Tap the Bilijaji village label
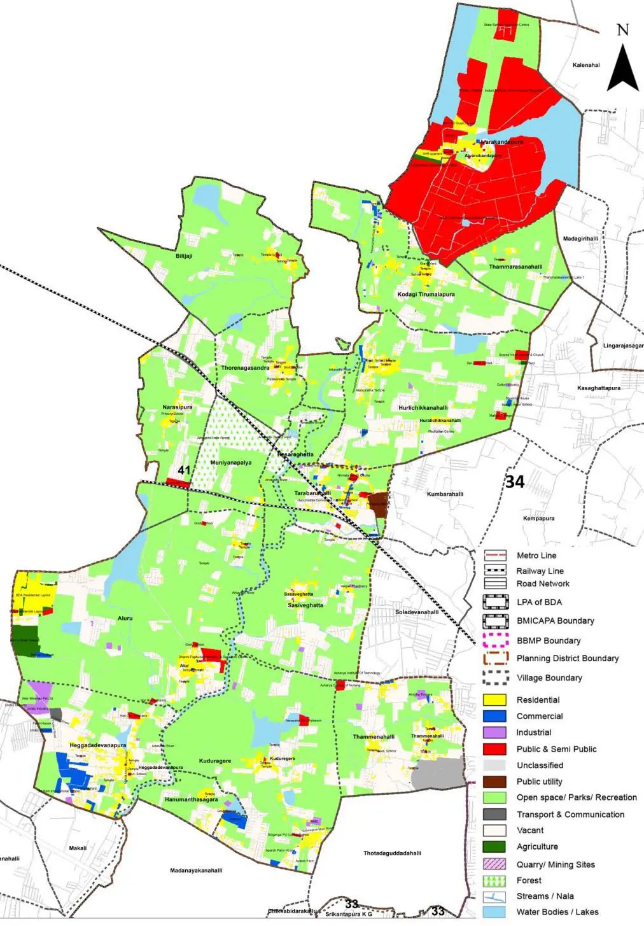pyautogui.click(x=184, y=256)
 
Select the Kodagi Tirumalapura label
pyautogui.click(x=426, y=295)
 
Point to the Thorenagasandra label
pyautogui.click(x=245, y=368)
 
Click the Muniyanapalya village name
pyautogui.click(x=231, y=463)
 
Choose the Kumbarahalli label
pyautogui.click(x=445, y=494)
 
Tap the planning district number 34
pyautogui.click(x=515, y=482)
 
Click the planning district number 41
pyautogui.click(x=184, y=470)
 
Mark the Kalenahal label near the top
pyautogui.click(x=586, y=65)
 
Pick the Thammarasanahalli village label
pyautogui.click(x=515, y=267)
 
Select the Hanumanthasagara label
pyautogui.click(x=191, y=800)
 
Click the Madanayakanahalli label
pyautogui.click(x=196, y=871)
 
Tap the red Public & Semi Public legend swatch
pyautogui.click(x=494, y=749)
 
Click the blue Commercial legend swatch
pyautogui.click(x=494, y=716)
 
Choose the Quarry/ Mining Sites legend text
pyautogui.click(x=556, y=864)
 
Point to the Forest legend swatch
pyautogui.click(x=494, y=880)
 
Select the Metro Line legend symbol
pyautogui.click(x=494, y=556)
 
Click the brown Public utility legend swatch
pyautogui.click(x=494, y=782)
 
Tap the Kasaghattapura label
pyautogui.click(x=598, y=388)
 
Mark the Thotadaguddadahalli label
pyautogui.click(x=392, y=853)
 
